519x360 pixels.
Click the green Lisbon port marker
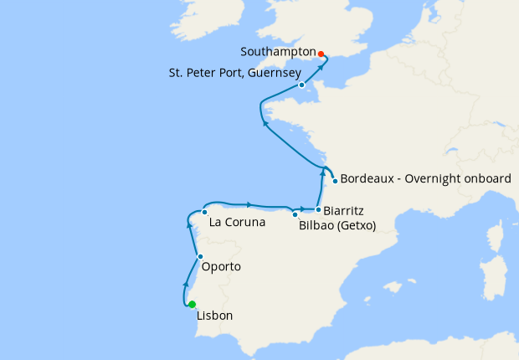point(192,304)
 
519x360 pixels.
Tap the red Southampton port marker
point(321,54)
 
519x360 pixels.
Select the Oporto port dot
point(200,256)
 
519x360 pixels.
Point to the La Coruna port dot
point(204,212)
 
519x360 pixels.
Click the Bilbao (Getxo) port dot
point(295,214)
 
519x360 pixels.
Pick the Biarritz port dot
point(318,209)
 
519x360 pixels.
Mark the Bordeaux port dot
point(335,181)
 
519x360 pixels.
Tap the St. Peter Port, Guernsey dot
point(301,85)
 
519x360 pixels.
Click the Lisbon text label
point(214,316)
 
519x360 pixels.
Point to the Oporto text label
point(222,267)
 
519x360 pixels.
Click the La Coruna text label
point(237,223)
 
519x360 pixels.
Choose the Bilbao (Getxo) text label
point(337,226)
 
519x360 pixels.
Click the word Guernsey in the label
point(271,73)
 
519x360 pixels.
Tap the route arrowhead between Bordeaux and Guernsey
point(266,123)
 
